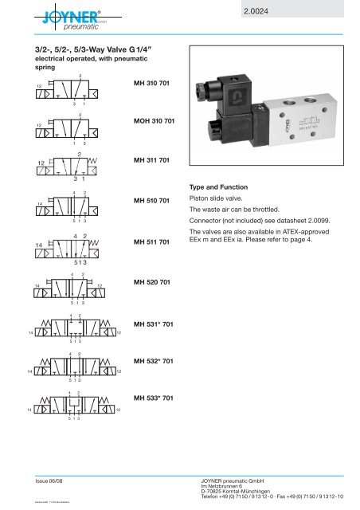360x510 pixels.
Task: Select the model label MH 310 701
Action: pos(154,83)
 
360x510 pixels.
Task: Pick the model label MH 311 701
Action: pos(154,160)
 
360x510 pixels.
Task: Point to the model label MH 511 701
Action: pos(154,241)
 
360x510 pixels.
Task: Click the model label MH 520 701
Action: pos(154,282)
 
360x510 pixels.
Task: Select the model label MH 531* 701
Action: pos(155,323)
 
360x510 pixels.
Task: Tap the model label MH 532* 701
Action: pos(155,362)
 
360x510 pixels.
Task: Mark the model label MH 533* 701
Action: pos(155,398)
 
